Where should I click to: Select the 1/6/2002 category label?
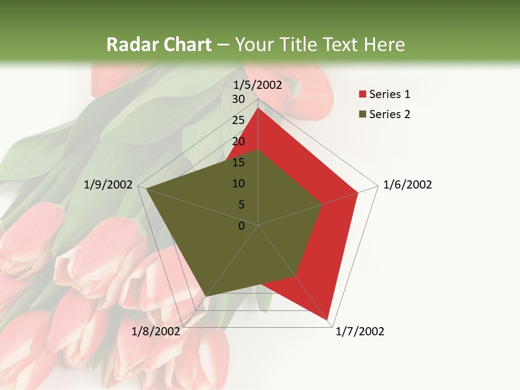pyautogui.click(x=407, y=185)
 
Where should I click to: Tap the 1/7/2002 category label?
pyautogui.click(x=360, y=331)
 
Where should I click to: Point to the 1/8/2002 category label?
pyautogui.click(x=156, y=331)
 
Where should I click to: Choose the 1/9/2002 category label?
pyautogui.click(x=108, y=185)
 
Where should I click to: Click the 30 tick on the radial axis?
pyautogui.click(x=238, y=99)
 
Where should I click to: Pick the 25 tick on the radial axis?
pyautogui.click(x=238, y=120)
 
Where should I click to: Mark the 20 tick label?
pyautogui.click(x=238, y=141)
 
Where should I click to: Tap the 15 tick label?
pyautogui.click(x=238, y=162)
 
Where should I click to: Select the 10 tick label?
pyautogui.click(x=238, y=184)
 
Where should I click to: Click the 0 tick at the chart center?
pyautogui.click(x=242, y=226)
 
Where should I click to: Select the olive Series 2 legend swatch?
pyautogui.click(x=362, y=114)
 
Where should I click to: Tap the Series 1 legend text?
pyautogui.click(x=389, y=94)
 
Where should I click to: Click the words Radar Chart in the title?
pyautogui.click(x=159, y=45)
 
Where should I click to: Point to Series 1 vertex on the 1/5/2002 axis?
pyautogui.click(x=258, y=108)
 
